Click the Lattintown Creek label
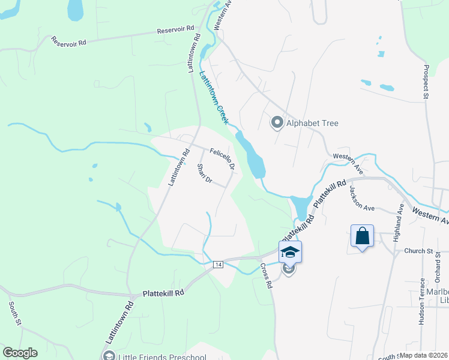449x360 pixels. coord(214,98)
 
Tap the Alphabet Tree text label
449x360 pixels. coord(312,124)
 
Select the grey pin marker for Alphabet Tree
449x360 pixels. coord(277,123)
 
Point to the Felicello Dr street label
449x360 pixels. coord(221,157)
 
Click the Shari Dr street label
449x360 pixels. coord(205,174)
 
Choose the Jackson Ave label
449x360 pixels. coord(362,198)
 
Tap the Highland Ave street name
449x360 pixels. coord(399,223)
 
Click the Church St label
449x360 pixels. coord(418,251)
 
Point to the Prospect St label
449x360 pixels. coord(426,81)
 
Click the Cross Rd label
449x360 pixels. coord(267,277)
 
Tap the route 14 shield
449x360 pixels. coord(218,265)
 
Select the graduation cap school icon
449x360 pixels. coord(289,251)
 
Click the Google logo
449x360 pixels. coord(20,353)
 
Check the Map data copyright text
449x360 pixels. coord(424,355)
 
